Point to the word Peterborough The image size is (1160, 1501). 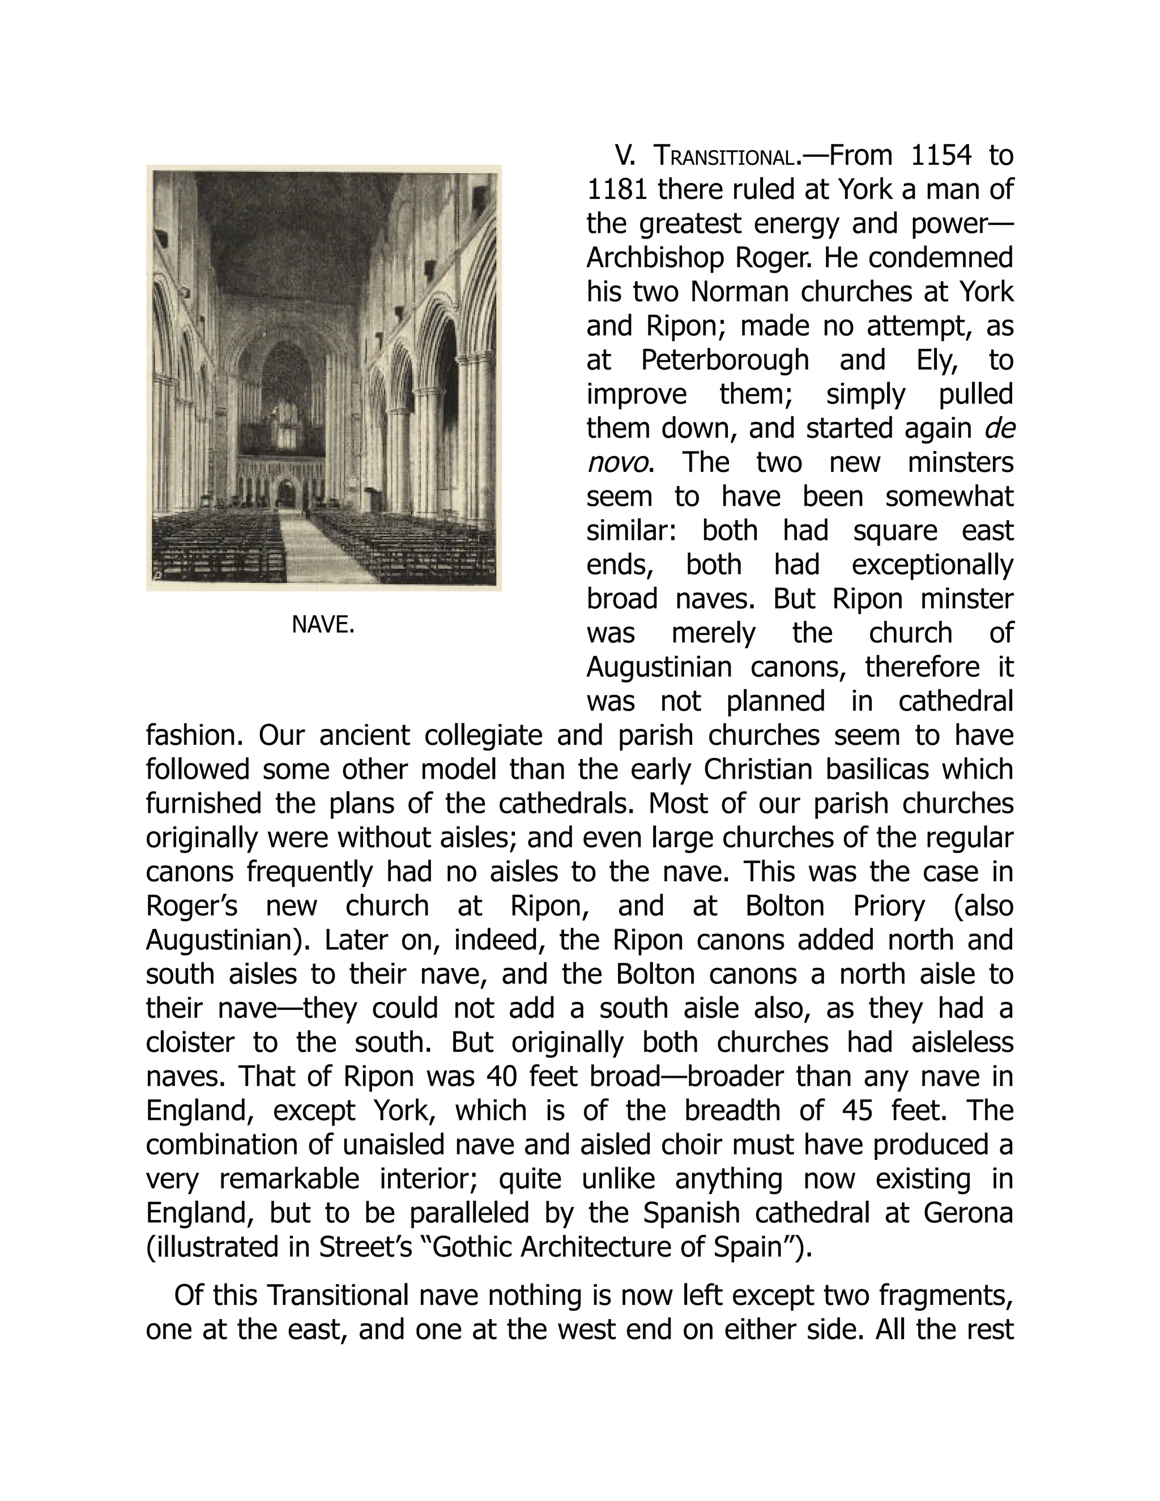[724, 361]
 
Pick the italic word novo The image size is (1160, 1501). [616, 463]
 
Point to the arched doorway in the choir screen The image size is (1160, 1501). [287, 493]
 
